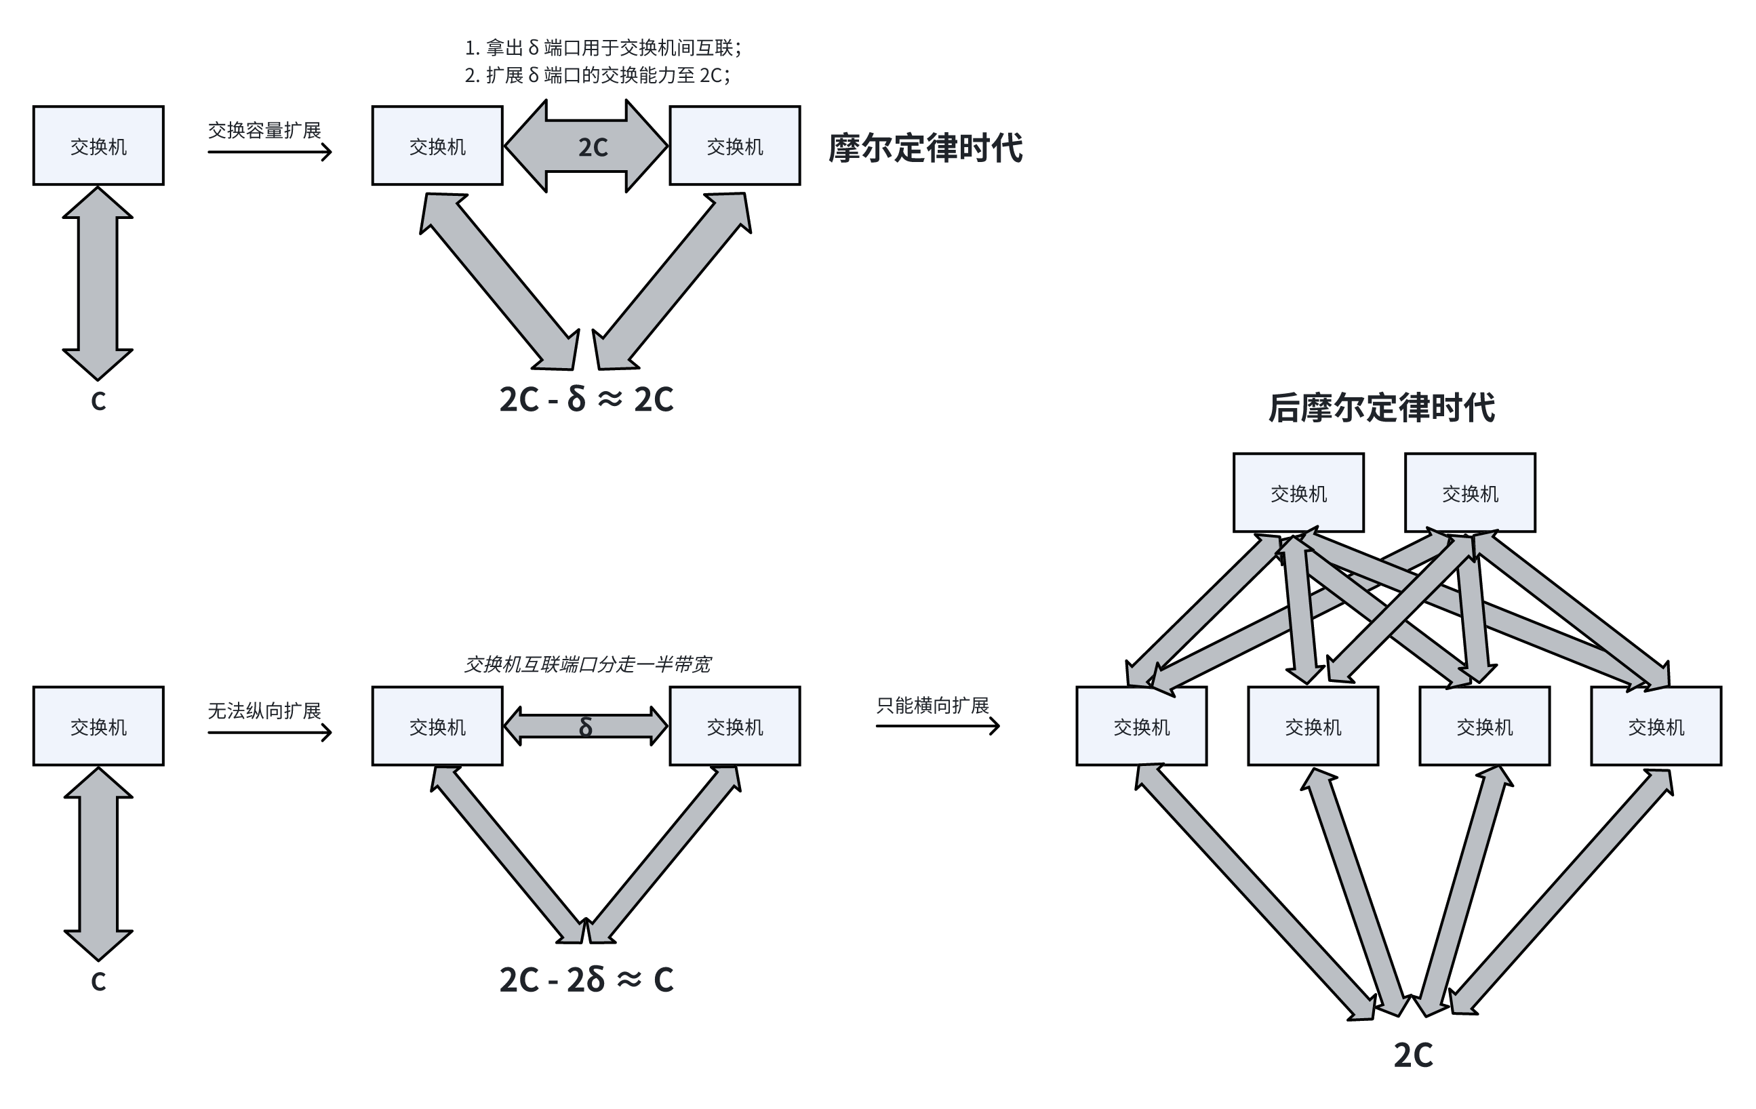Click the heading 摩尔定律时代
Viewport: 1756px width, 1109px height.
[925, 148]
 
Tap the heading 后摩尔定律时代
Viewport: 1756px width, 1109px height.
[1380, 407]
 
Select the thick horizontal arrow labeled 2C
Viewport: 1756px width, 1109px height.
[586, 146]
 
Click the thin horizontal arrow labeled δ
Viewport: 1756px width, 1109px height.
[586, 727]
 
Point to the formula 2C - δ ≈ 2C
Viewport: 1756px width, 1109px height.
[586, 399]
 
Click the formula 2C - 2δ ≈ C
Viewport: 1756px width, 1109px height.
[586, 980]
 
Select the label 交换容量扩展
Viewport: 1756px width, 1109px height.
[264, 131]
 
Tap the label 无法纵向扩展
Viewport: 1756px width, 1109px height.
[264, 711]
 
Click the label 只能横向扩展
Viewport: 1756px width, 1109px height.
[932, 705]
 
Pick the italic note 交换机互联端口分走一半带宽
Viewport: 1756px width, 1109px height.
[586, 664]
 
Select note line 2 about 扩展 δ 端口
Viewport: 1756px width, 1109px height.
[597, 75]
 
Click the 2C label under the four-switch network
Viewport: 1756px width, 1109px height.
[1412, 1055]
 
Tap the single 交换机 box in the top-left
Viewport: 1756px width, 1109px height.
[98, 146]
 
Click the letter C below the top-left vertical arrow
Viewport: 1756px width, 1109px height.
[98, 401]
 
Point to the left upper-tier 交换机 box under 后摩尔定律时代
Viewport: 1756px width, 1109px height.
[1298, 493]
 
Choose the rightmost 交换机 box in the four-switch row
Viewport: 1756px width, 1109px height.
[1656, 726]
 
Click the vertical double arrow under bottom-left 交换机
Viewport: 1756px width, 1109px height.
[98, 864]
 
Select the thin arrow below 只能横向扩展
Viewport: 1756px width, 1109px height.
[937, 725]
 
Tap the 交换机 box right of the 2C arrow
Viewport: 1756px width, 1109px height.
[734, 146]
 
